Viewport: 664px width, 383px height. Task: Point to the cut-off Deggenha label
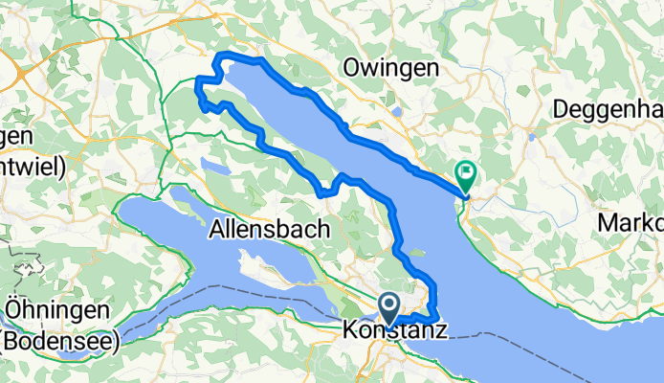pyautogui.click(x=609, y=108)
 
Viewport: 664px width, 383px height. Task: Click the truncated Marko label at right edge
pyautogui.click(x=630, y=222)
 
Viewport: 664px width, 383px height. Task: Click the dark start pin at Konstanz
pyautogui.click(x=390, y=305)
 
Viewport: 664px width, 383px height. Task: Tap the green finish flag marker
pyautogui.click(x=467, y=174)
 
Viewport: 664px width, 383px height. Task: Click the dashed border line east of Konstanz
pyautogui.click(x=498, y=337)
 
